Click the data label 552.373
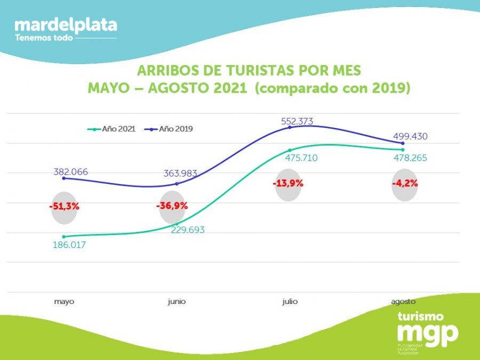point(297,122)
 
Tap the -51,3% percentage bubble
point(64,206)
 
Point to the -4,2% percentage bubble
point(405,183)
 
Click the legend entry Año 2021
point(115,129)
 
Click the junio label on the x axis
point(177,301)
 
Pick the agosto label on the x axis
point(403,301)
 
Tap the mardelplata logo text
point(66,25)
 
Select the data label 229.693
point(188,230)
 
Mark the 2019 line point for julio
point(290,127)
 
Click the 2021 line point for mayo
point(64,236)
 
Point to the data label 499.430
point(411,137)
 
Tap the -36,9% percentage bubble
point(172,206)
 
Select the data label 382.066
point(70,172)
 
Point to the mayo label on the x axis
point(64,301)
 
